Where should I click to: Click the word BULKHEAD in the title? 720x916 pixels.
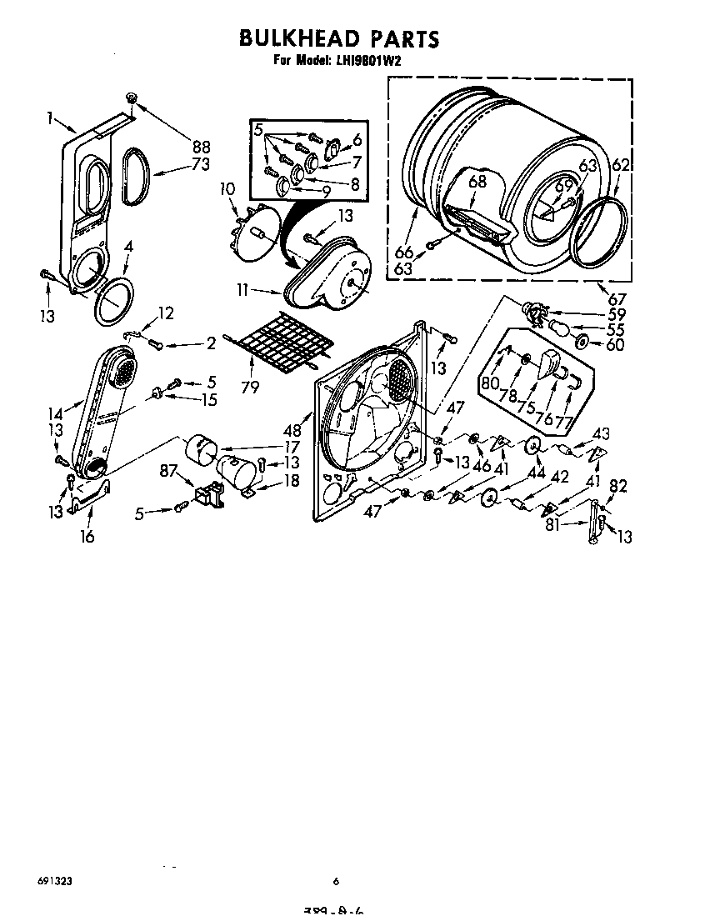pyautogui.click(x=299, y=38)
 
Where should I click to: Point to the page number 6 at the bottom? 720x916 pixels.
pyautogui.click(x=336, y=881)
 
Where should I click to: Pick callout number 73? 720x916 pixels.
pyautogui.click(x=200, y=164)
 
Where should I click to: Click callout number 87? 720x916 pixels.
pyautogui.click(x=167, y=472)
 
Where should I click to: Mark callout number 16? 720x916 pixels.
pyautogui.click(x=87, y=536)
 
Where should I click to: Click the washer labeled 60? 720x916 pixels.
pyautogui.click(x=582, y=343)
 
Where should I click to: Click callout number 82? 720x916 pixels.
pyautogui.click(x=617, y=486)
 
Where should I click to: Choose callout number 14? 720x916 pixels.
pyautogui.click(x=55, y=413)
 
